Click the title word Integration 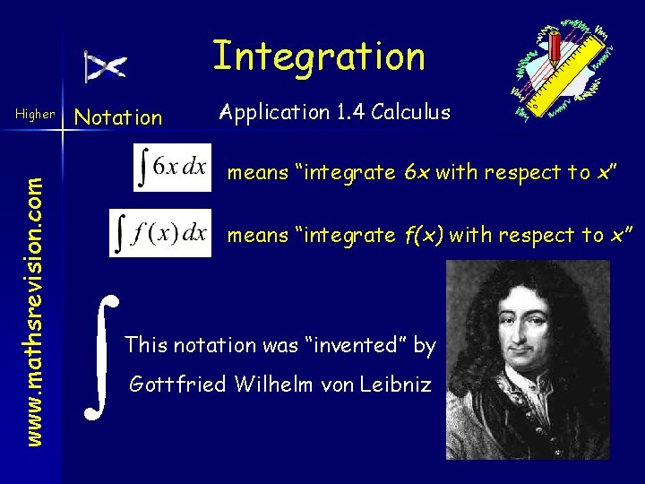pyautogui.click(x=319, y=56)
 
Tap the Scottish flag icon pyautogui.click(x=106, y=67)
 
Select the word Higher pyautogui.click(x=36, y=116)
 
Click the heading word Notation pyautogui.click(x=118, y=117)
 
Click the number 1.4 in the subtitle pyautogui.click(x=350, y=112)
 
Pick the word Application pyautogui.click(x=275, y=113)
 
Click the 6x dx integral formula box pyautogui.click(x=172, y=168)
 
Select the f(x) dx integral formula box pyautogui.click(x=160, y=233)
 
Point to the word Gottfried pyautogui.click(x=176, y=385)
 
